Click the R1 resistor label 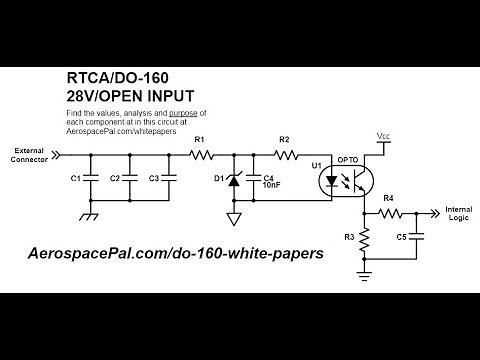coord(199,139)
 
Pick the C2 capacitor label coord(115,178)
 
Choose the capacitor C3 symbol coord(166,178)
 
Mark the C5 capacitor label coord(401,237)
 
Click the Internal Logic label coord(458,216)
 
